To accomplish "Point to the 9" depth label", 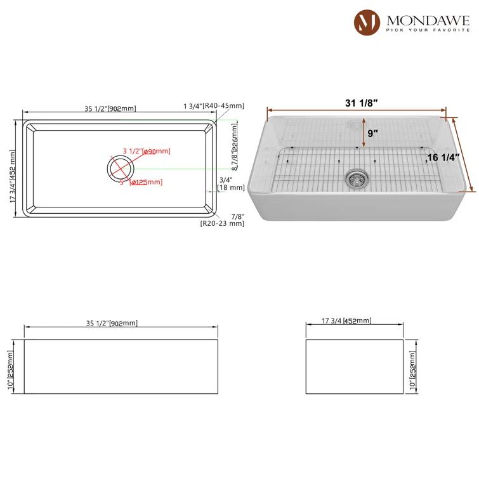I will [373, 133].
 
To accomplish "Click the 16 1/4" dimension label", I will [442, 158].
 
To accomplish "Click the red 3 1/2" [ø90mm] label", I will [147, 151].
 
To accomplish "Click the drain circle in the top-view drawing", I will [121, 169].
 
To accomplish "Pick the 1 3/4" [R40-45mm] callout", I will [213, 106].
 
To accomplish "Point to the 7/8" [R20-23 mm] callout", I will [222, 219].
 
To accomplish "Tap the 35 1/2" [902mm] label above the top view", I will [110, 108].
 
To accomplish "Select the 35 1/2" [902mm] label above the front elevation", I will [112, 323].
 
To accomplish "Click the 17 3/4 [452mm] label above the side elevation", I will [347, 321].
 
